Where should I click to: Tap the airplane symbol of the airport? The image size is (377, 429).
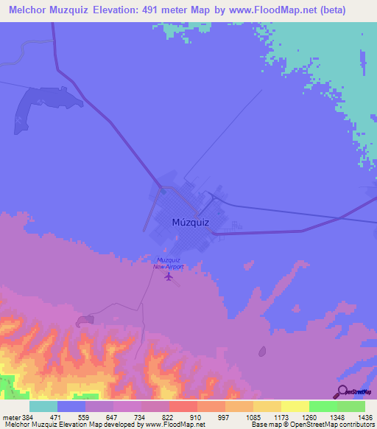click(x=170, y=277)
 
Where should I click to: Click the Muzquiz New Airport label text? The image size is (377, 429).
click(x=168, y=263)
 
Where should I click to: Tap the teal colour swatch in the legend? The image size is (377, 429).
click(x=43, y=406)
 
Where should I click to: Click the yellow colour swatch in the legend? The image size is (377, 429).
click(x=295, y=406)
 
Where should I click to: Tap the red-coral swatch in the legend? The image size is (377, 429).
click(x=183, y=406)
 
